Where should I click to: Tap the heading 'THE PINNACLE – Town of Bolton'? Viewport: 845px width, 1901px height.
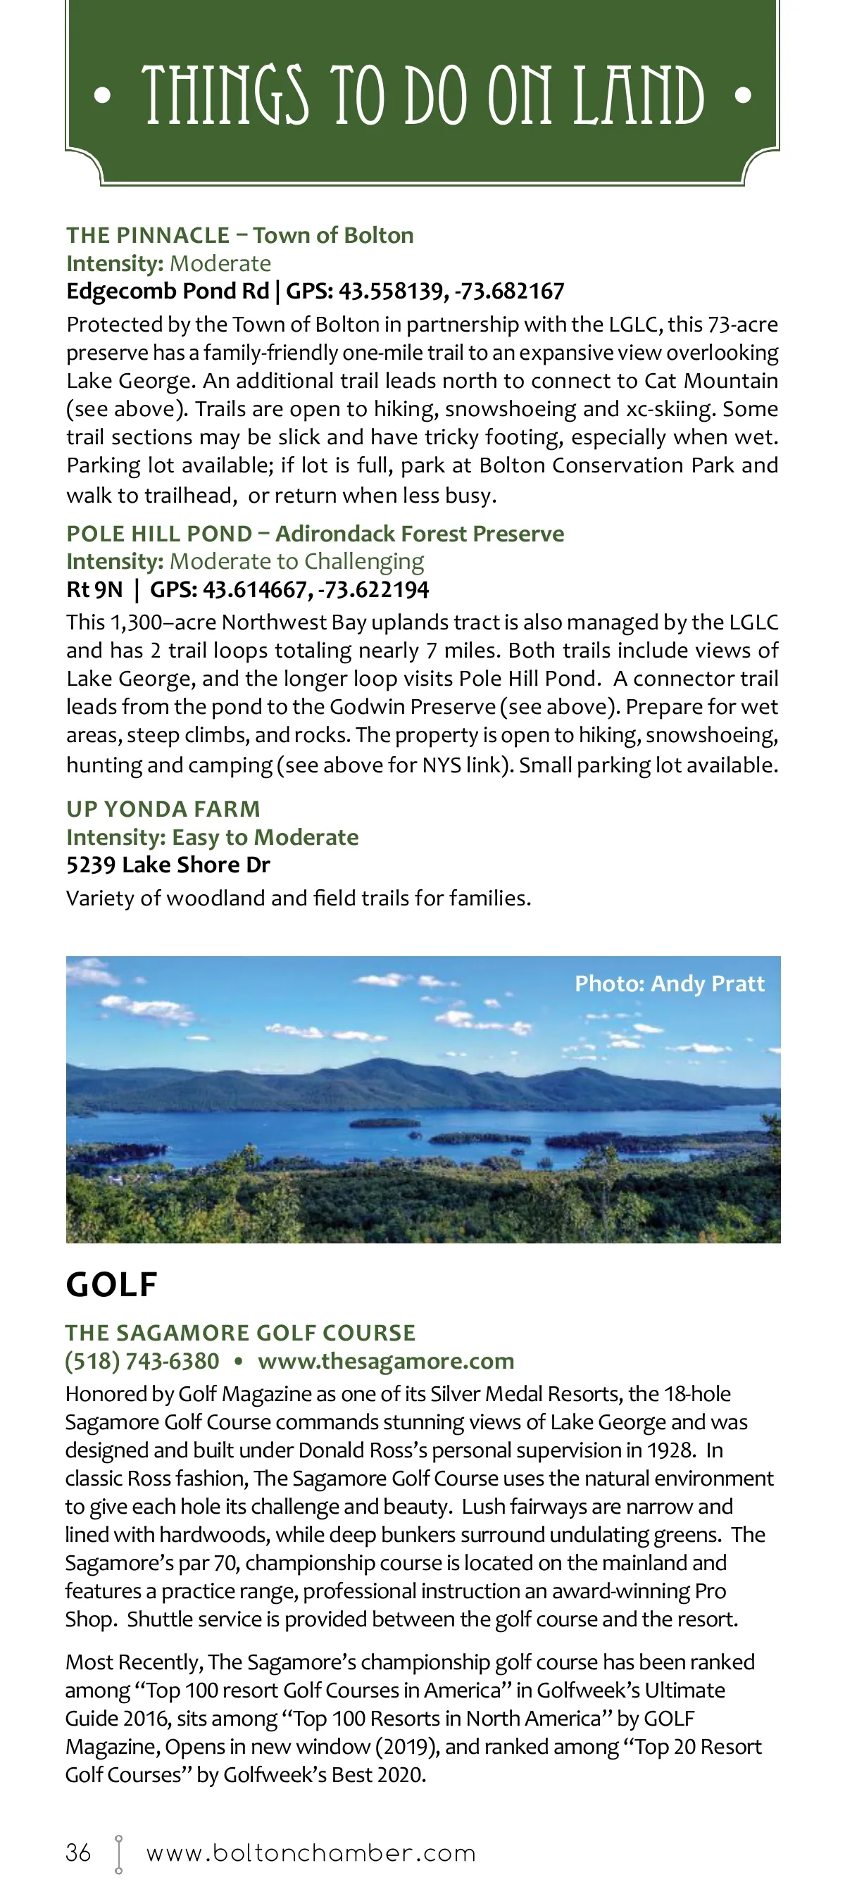click(240, 235)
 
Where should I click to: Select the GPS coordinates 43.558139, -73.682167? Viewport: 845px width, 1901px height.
click(451, 291)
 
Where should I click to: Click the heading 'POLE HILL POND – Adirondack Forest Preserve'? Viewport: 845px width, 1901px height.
click(315, 534)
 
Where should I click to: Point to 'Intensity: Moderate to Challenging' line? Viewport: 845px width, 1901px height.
click(245, 562)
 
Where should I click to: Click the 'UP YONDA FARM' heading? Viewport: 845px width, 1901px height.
click(163, 809)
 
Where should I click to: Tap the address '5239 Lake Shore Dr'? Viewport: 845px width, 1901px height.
click(168, 865)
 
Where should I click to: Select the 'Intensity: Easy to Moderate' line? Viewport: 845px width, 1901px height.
click(213, 837)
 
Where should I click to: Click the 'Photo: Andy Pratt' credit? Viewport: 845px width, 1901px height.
click(670, 984)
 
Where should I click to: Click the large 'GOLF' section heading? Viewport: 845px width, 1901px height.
click(111, 1285)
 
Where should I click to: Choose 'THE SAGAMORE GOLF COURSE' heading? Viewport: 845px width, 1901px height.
click(241, 1333)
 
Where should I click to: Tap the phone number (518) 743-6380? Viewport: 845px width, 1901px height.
click(142, 1361)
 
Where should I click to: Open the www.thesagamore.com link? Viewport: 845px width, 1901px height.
click(386, 1361)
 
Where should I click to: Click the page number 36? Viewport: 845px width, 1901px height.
click(78, 1852)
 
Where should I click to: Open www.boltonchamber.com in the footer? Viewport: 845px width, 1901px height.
click(311, 1853)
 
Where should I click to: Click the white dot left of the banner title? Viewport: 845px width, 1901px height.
click(103, 95)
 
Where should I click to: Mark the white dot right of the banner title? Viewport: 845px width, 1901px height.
click(743, 95)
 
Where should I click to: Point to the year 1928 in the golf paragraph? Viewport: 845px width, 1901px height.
click(670, 1450)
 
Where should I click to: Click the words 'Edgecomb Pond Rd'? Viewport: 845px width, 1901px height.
click(168, 291)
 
